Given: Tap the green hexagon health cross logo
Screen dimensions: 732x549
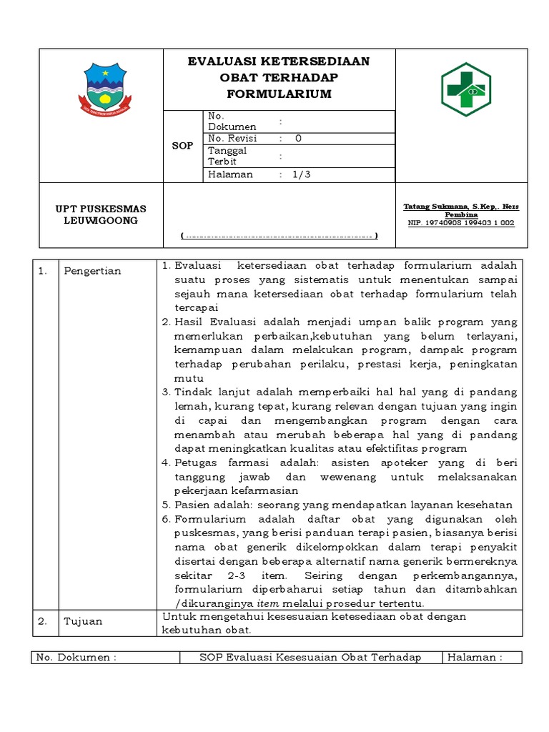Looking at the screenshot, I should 470,89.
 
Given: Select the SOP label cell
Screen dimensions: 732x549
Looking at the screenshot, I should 183,146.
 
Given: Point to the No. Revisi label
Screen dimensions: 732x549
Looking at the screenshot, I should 232,139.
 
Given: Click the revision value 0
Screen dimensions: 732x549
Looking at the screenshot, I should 298,139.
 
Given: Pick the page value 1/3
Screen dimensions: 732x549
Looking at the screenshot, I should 302,174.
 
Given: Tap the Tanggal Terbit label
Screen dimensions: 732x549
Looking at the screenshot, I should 227,156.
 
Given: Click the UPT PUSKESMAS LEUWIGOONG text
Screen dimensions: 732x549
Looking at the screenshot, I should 101,214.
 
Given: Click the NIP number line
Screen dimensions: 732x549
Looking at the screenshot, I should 461,223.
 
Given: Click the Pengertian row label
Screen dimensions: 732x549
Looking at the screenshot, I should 92,271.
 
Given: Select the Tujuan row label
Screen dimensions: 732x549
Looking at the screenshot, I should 83,621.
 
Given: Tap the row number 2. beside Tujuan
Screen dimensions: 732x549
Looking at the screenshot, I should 42,621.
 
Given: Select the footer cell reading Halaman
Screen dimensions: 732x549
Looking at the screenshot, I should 475,658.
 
